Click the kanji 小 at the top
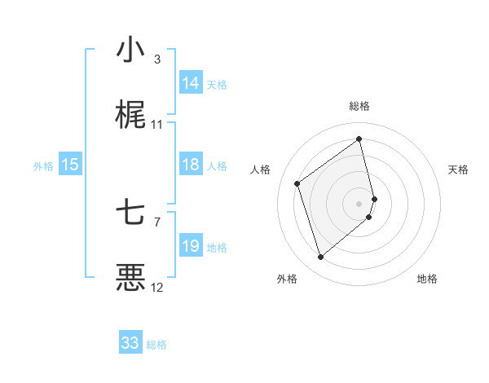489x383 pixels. click(130, 51)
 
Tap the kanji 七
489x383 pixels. click(130, 214)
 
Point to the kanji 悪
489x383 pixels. click(130, 278)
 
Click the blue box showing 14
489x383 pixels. click(191, 83)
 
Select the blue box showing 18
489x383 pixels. click(191, 165)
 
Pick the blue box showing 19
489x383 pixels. click(191, 246)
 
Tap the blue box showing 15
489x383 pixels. click(70, 165)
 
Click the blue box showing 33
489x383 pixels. click(130, 343)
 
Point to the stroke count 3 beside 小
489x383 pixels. click(157, 59)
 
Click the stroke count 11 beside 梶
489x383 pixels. click(157, 124)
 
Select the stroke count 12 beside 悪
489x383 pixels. click(157, 287)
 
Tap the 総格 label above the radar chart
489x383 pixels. click(359, 106)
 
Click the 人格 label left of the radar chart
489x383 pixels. click(261, 169)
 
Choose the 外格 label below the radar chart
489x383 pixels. click(287, 279)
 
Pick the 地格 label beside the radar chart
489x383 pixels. click(427, 279)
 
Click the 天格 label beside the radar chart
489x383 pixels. click(459, 169)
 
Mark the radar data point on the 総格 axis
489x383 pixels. click(359, 139)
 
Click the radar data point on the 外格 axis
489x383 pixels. click(320, 258)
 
